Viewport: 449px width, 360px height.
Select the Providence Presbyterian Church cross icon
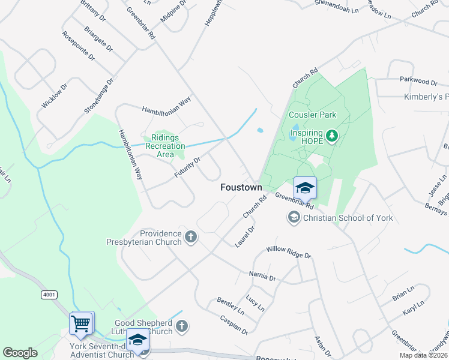point(191,236)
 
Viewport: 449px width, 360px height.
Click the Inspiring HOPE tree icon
point(332,137)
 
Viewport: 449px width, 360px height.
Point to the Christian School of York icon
point(294,217)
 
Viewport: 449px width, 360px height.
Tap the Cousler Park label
point(312,115)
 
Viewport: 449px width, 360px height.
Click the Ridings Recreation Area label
point(165,145)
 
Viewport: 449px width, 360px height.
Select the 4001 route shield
point(49,295)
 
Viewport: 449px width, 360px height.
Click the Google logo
point(20,353)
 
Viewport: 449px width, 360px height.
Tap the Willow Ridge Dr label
point(289,251)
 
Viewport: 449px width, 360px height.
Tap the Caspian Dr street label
point(234,325)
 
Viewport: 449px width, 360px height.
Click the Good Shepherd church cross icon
point(182,326)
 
